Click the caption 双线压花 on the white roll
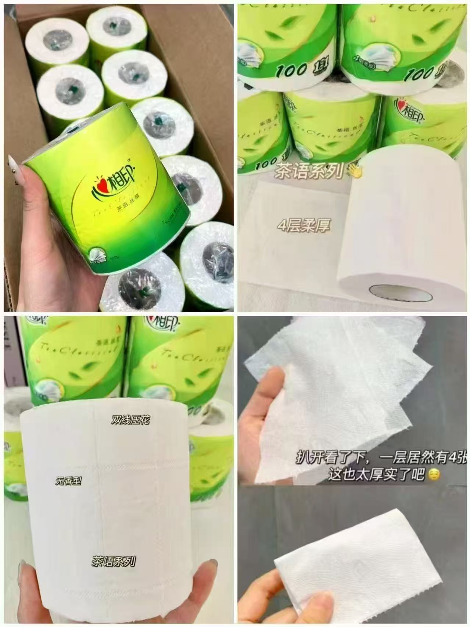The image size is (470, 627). pyautogui.click(x=130, y=420)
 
